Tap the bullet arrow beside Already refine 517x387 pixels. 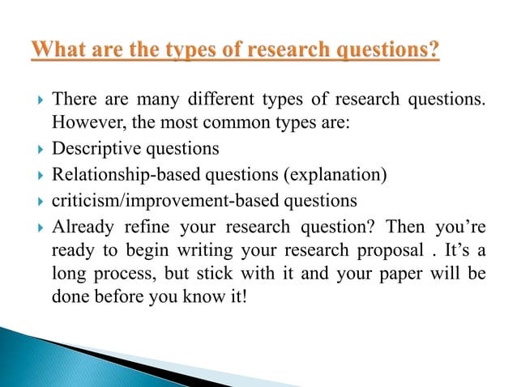tap(40, 225)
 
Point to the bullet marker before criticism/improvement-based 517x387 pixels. tap(40, 200)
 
